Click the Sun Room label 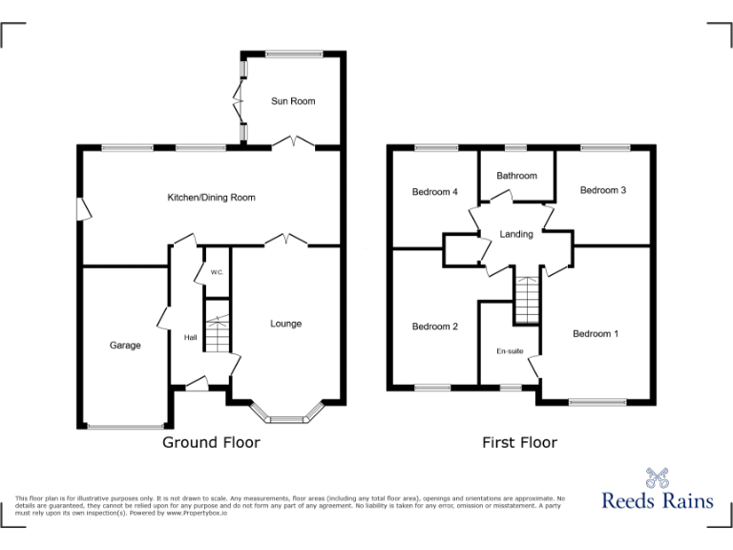point(292,101)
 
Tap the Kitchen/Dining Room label point(211,198)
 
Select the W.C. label point(217,273)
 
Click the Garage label point(124,346)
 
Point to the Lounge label point(285,324)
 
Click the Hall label point(190,337)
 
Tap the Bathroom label point(516,176)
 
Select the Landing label point(516,235)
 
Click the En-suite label point(510,351)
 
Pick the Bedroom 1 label point(596,334)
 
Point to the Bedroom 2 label point(434,327)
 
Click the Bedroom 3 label point(603,190)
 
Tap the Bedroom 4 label point(434,192)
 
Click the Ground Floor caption point(211,442)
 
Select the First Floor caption point(520,442)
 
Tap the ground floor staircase point(218,328)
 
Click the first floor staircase point(527,298)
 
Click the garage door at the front point(125,426)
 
